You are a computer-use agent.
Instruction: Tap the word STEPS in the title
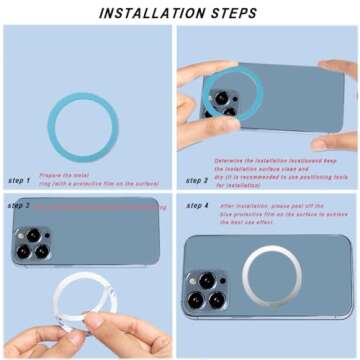(x=229, y=12)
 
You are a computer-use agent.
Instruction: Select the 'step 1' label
(x=19, y=180)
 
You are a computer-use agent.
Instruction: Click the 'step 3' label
(x=19, y=205)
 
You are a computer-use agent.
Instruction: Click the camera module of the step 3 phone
(x=33, y=244)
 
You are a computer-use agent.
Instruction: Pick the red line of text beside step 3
(x=100, y=206)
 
